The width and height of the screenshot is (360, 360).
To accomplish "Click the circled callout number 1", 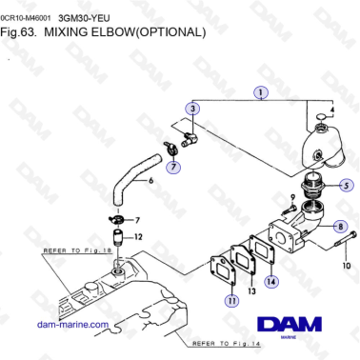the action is [258, 93].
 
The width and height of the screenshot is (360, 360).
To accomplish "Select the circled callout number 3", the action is [193, 110].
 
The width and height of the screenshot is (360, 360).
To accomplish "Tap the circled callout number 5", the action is [347, 185].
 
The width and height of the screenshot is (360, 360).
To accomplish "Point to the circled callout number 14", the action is [272, 281].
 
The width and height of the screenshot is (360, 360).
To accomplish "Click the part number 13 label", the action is [252, 293].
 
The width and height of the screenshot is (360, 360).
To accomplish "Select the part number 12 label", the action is [138, 236].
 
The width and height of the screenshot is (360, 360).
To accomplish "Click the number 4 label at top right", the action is [332, 110].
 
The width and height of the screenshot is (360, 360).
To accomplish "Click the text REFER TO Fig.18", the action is [76, 250].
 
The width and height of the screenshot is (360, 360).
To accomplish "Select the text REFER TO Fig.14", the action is [224, 342].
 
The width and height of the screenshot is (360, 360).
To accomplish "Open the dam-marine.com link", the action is [72, 325].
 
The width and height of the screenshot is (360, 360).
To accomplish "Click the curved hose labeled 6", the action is [124, 181].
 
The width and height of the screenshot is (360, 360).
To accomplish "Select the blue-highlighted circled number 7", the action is [172, 168].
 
